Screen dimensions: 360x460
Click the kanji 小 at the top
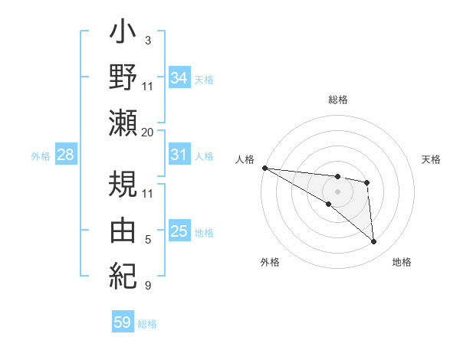tap(123, 36)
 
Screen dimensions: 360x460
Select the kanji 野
tap(123, 78)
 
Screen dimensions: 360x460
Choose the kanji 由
tap(123, 229)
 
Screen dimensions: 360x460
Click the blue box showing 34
tap(179, 78)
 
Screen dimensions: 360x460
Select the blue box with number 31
tap(179, 155)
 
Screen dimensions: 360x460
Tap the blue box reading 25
tap(179, 231)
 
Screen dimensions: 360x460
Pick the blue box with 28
tap(65, 155)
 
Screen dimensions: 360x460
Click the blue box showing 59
tap(122, 322)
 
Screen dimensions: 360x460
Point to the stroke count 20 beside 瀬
tap(148, 133)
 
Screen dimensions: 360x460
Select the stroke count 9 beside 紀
tap(147, 286)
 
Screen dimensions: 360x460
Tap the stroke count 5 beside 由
tap(147, 241)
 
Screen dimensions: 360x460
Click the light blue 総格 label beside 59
tap(147, 324)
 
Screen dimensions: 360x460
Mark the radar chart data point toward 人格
tap(264, 168)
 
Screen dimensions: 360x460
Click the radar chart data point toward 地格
tap(374, 242)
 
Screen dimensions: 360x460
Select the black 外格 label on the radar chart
tap(270, 262)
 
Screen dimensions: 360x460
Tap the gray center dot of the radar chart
tap(337, 190)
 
